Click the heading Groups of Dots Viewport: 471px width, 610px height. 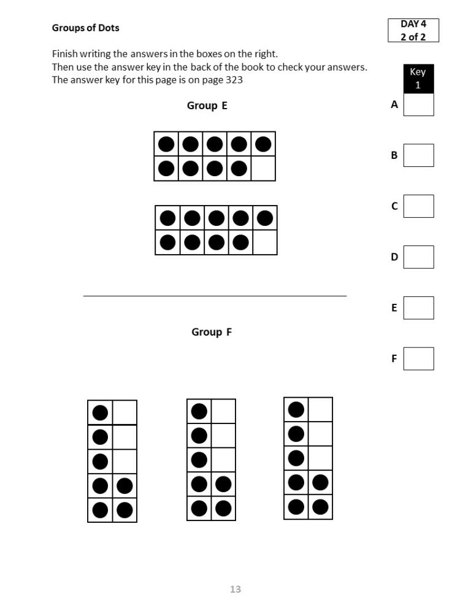pyautogui.click(x=85, y=28)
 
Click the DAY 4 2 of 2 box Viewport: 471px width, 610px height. pyautogui.click(x=413, y=30)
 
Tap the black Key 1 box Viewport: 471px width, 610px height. pyautogui.click(x=418, y=79)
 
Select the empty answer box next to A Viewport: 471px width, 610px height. pyautogui.click(x=418, y=104)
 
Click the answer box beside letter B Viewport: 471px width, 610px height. pyautogui.click(x=418, y=155)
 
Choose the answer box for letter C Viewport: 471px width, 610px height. pyautogui.click(x=418, y=206)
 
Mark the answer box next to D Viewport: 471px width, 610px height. pyautogui.click(x=418, y=257)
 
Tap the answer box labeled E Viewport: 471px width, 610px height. pyautogui.click(x=418, y=308)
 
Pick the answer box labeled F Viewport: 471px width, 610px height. pyautogui.click(x=418, y=359)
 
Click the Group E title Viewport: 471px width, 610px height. pyautogui.click(x=207, y=106)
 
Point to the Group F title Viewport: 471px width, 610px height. pyautogui.click(x=212, y=332)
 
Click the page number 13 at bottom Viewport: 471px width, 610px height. pyautogui.click(x=235, y=589)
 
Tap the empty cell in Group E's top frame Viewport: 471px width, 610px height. pyautogui.click(x=263, y=168)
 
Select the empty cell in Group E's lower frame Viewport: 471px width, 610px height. pyautogui.click(x=265, y=242)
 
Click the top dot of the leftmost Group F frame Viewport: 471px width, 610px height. pyautogui.click(x=100, y=412)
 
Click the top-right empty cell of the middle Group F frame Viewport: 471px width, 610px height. pyautogui.click(x=223, y=411)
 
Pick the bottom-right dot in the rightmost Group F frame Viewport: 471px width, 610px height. pyautogui.click(x=320, y=507)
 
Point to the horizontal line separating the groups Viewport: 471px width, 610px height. pyautogui.click(x=215, y=296)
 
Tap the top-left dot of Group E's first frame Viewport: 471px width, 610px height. pyautogui.click(x=166, y=144)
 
